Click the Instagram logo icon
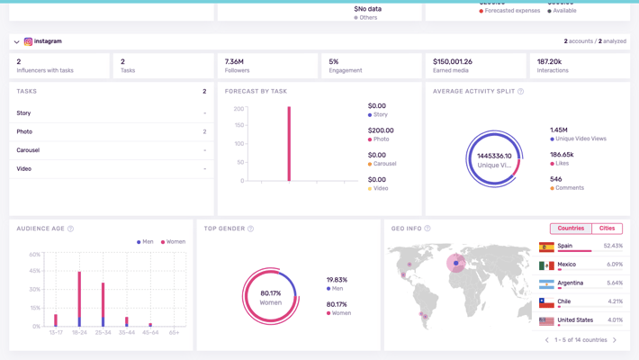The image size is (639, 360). click(x=28, y=41)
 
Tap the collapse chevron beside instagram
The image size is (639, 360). click(x=16, y=41)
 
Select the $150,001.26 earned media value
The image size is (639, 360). click(x=453, y=62)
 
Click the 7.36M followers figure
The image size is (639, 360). click(x=234, y=62)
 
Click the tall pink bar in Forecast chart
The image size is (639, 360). click(x=289, y=144)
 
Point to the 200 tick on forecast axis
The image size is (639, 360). click(x=238, y=109)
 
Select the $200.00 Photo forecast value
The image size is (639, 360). click(x=381, y=130)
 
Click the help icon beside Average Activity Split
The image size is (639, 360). click(x=520, y=92)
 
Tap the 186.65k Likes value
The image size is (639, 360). click(x=562, y=155)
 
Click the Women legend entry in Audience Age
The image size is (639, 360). click(x=173, y=242)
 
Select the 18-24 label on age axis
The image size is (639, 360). click(x=79, y=333)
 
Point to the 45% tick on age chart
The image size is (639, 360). click(x=35, y=271)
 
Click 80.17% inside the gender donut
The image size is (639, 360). click(x=270, y=292)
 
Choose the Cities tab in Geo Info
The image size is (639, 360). click(x=607, y=229)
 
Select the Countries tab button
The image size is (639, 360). click(x=571, y=229)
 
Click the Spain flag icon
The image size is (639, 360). click(x=546, y=247)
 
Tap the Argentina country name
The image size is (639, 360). click(x=570, y=283)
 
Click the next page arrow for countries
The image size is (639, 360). click(x=615, y=340)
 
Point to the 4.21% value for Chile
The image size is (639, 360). click(x=615, y=301)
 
